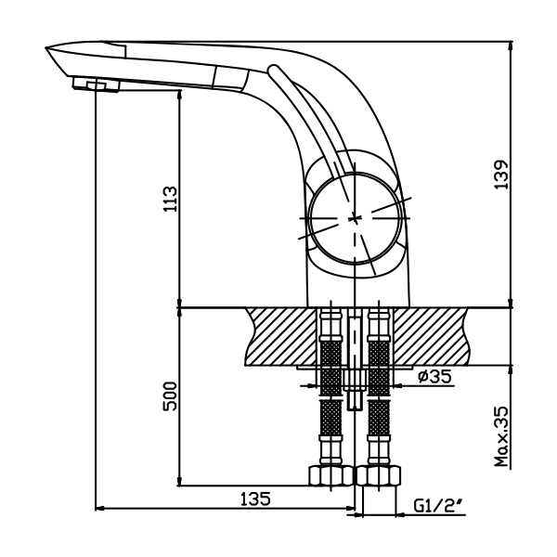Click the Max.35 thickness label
(502, 434)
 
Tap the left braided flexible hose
(330, 408)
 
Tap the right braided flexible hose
(378, 408)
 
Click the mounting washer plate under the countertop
(354, 369)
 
